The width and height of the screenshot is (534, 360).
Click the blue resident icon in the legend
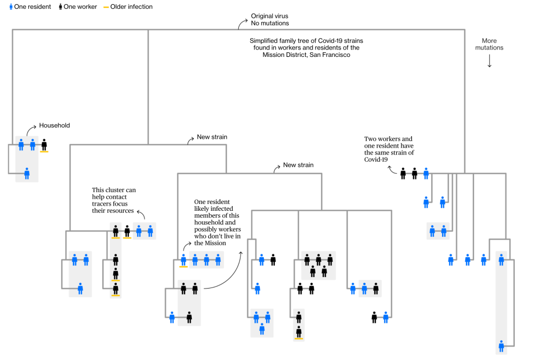coord(11,7)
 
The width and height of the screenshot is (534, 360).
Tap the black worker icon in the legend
coord(60,7)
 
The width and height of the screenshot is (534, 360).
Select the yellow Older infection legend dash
coord(106,7)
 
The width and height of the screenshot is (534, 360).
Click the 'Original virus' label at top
coord(270,16)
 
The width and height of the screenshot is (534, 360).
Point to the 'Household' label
coord(54,126)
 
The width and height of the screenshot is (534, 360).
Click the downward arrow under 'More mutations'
coord(489,61)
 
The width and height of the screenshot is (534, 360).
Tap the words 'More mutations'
coord(489,44)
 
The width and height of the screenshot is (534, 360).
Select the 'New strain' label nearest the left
coord(212,137)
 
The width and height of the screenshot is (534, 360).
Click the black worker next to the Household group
coord(44,145)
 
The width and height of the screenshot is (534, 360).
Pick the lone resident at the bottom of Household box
coord(27,173)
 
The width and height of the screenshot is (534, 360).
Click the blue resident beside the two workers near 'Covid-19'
coord(426,173)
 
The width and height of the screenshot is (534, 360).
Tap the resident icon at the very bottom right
coord(501,345)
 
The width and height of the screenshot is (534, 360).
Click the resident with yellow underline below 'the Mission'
coord(184,259)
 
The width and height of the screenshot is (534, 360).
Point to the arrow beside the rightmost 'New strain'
coord(275,168)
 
